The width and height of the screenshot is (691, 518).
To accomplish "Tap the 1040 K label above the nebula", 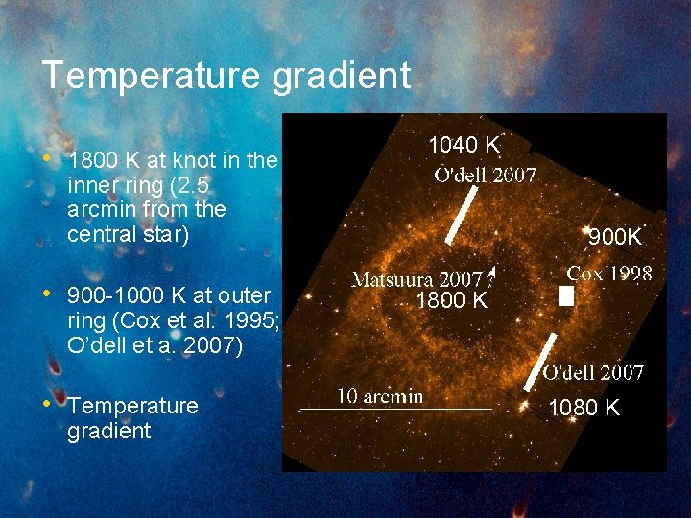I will pos(464,146).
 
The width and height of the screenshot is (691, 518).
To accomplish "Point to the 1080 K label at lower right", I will pos(584,409).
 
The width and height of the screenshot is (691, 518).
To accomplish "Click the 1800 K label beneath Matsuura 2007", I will pos(451,301).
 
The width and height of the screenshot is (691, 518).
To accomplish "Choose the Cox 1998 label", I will pos(608,273).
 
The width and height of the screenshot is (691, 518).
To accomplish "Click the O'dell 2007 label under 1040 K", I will pos(485,175).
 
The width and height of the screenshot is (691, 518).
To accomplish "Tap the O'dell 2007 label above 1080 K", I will pos(593,372).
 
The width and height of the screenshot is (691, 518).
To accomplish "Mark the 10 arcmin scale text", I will pos(379,396).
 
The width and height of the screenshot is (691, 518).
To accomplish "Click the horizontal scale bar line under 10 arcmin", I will pos(395,410).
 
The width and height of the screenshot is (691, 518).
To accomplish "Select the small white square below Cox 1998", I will pos(566,297).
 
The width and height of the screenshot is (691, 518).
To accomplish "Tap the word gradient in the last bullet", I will pos(109,431).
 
